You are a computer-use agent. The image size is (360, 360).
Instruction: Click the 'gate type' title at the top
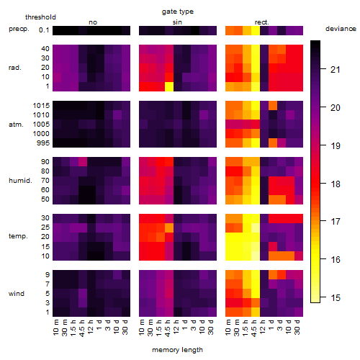point(178,12)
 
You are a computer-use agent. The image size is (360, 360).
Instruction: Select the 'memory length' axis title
point(177,350)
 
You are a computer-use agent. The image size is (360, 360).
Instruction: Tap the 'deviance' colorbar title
point(341,29)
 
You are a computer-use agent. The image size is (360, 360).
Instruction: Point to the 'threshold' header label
point(40,17)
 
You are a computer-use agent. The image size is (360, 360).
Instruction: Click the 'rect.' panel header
point(261,22)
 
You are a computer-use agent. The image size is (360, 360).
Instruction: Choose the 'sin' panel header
point(177,22)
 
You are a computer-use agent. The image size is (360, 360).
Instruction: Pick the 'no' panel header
point(93,22)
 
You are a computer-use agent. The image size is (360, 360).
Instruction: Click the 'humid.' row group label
point(20,181)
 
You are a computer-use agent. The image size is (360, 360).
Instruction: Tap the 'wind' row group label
point(17,294)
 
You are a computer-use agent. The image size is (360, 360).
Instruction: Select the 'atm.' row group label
point(16,125)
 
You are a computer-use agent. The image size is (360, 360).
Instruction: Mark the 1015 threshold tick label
point(41,106)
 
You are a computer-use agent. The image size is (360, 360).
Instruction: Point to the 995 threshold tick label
point(43,143)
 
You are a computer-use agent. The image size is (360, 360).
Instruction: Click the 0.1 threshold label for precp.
point(44,30)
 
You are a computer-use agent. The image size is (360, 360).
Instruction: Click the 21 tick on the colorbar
point(336,70)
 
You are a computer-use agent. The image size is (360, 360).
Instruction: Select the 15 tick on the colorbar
point(336,298)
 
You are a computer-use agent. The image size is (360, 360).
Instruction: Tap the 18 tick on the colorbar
point(336,184)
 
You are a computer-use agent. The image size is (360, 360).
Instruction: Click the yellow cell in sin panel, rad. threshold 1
point(169,86)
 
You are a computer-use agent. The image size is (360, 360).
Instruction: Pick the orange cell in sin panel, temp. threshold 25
point(169,228)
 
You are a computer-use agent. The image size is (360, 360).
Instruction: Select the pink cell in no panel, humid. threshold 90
point(83,162)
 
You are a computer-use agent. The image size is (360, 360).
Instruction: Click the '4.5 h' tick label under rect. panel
point(254,328)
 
